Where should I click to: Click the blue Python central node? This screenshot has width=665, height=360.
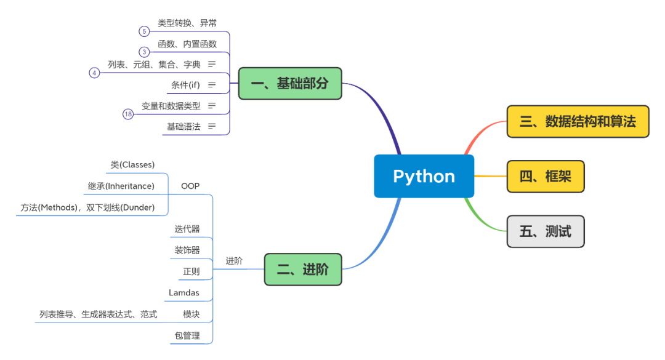click(424, 176)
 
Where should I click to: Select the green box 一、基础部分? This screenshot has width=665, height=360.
click(290, 84)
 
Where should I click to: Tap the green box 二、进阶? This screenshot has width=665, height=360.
click(303, 270)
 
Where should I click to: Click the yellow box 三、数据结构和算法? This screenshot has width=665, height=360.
click(578, 122)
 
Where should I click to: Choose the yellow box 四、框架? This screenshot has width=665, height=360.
click(546, 177)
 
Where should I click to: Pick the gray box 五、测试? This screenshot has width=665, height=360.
click(546, 231)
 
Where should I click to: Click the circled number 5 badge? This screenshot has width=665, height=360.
click(144, 31)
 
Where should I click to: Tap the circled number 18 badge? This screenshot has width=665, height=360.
click(128, 114)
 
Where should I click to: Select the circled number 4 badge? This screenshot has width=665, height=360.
click(94, 73)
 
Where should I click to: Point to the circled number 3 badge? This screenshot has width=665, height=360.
click(144, 52)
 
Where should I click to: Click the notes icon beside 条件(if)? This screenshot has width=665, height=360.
click(212, 85)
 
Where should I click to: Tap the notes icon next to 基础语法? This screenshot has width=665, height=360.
click(212, 126)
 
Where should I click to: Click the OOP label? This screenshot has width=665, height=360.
click(190, 186)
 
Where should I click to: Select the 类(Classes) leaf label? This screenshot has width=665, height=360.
click(133, 164)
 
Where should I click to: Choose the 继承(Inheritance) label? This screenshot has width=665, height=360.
click(121, 186)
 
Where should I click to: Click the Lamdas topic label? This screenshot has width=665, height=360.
click(183, 292)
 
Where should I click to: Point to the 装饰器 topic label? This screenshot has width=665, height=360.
click(187, 250)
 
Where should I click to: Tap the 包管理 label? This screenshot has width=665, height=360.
click(187, 335)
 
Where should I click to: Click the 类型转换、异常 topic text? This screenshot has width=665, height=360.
click(187, 23)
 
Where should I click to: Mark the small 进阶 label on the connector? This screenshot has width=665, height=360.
click(234, 261)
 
